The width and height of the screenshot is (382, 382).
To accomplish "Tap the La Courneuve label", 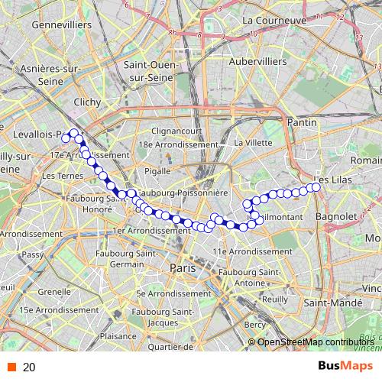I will click(274, 20).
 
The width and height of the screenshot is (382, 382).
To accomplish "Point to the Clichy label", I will click(88, 101).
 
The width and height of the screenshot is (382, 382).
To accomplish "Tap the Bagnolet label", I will click(335, 216).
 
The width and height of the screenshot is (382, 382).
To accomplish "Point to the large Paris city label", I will click(183, 268).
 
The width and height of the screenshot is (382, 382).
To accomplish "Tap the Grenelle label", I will click(54, 291).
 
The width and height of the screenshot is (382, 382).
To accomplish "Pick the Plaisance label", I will click(118, 335).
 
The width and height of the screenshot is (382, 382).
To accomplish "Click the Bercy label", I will click(256, 325).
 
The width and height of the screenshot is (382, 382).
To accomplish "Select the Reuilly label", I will click(272, 299).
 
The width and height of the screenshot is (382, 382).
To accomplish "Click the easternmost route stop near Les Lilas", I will click(316, 187).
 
